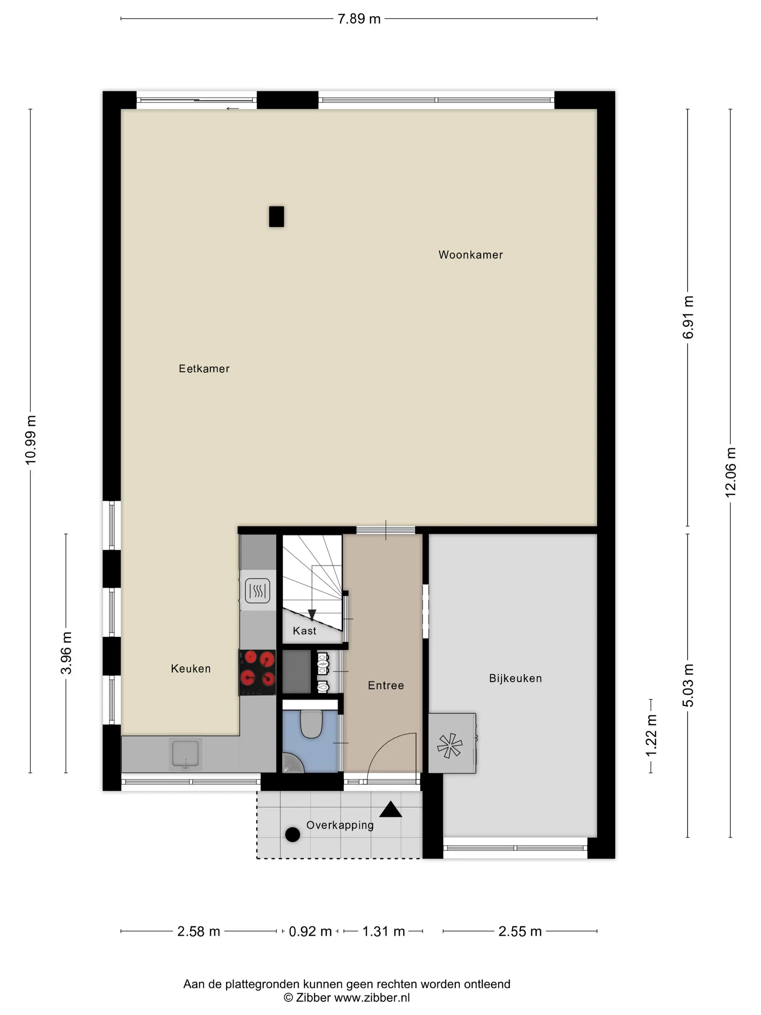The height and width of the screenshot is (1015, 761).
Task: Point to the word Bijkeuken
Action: [x=515, y=678]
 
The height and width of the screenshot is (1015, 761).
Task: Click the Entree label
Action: [x=386, y=685]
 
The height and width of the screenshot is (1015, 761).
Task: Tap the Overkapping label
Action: [x=340, y=825]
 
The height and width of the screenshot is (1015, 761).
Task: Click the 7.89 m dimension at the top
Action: [x=359, y=19]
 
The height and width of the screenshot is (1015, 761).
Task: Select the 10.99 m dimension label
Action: [x=30, y=440]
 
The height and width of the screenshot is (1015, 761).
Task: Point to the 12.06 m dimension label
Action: [x=730, y=472]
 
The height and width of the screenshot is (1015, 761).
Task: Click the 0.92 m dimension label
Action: [x=310, y=932]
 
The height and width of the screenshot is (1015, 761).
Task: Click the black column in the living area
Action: [x=276, y=216]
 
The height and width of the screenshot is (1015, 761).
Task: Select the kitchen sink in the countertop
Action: [x=185, y=754]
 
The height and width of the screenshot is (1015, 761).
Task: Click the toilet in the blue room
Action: [x=311, y=723]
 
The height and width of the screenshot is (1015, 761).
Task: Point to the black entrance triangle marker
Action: [x=390, y=809]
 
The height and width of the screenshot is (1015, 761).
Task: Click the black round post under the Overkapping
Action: [x=293, y=835]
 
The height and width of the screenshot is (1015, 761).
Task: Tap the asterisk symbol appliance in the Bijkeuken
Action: [x=450, y=745]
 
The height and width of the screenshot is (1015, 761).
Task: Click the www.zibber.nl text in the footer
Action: [x=371, y=998]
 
